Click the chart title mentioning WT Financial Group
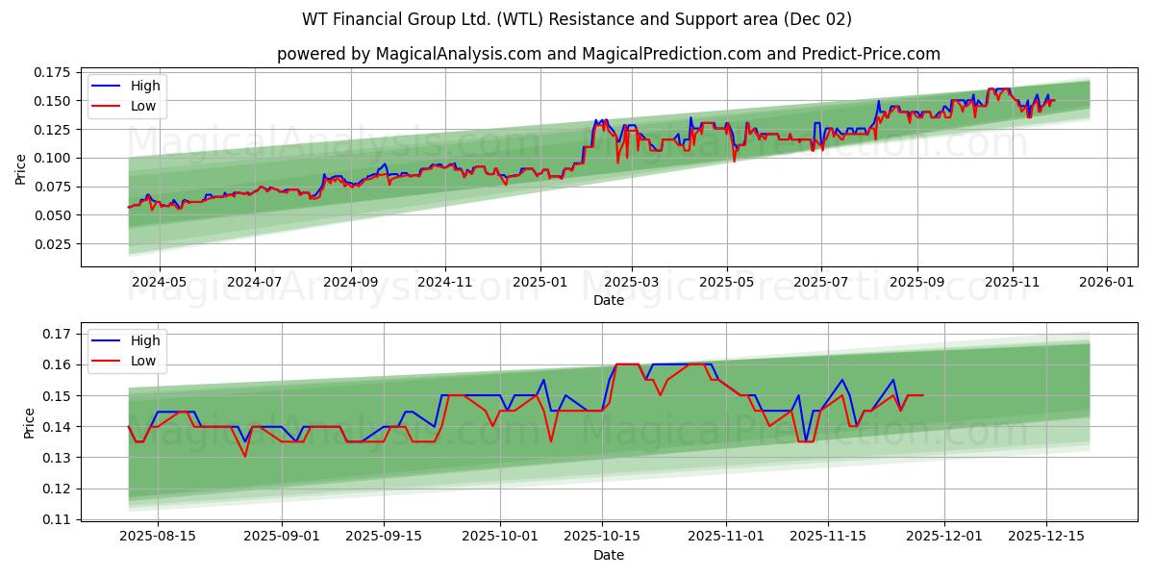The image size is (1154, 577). point(577,19)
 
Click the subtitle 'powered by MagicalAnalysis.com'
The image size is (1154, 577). point(609,54)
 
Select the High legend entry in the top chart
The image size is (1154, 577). point(145,86)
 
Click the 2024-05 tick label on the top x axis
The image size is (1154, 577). point(159,283)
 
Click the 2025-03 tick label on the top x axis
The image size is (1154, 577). point(632,283)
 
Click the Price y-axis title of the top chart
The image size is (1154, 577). point(21,168)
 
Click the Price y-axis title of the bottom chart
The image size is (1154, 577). point(29,423)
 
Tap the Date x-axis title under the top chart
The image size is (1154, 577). point(608,300)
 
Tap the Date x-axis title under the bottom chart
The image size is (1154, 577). point(608,555)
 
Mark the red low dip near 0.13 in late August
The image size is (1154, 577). point(244,456)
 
